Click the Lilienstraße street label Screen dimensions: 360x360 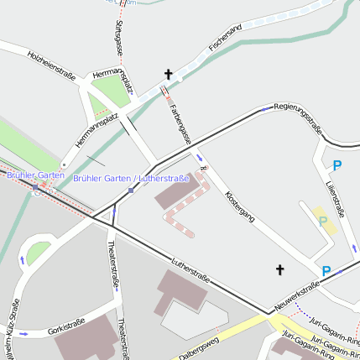(335, 198)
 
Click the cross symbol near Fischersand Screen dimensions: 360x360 (168, 76)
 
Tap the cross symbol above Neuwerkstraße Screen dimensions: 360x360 (279, 269)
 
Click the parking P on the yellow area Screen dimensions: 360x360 (322, 222)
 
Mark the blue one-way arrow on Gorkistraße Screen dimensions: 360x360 (24, 333)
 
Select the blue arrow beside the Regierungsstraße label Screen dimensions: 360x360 (265, 108)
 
